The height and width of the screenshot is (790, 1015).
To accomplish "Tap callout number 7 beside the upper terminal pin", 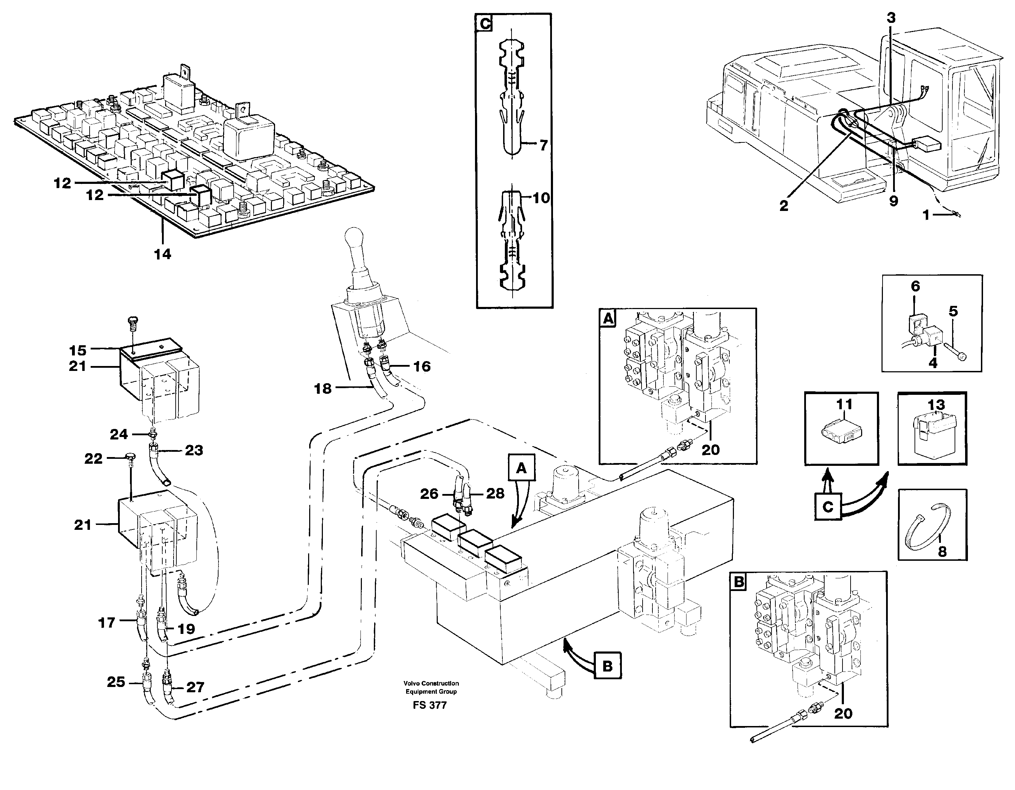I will pos(544,146).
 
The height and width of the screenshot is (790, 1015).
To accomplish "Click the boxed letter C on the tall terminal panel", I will pos(485,24).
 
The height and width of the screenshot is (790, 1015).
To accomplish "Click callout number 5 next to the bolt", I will pos(953,311).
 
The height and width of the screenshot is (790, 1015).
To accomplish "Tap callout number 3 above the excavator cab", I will pos(890,18).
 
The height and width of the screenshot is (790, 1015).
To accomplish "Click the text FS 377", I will pos(429,705).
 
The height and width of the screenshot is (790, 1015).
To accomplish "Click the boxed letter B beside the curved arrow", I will pos(607,666).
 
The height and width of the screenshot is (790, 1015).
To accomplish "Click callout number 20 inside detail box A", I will pos(710,450).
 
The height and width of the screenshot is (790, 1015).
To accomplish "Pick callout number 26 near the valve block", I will pos(429,494).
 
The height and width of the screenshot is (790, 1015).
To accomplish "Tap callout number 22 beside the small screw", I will pos(93,459).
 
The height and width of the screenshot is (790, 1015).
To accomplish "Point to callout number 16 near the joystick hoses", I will pos(422,366).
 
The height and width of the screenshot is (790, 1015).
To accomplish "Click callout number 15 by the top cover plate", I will pos(78,350).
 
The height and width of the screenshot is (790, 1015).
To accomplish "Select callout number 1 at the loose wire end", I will pos(926,215).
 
